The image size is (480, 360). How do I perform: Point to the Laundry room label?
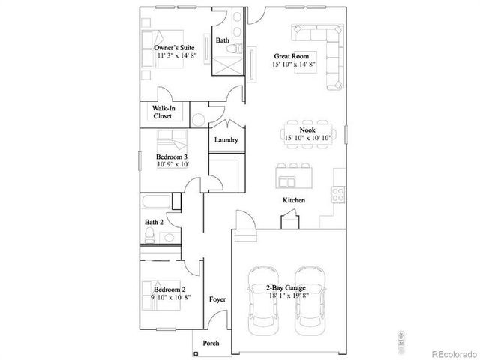[x=226, y=140]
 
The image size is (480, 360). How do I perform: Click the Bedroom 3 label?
[x=172, y=157]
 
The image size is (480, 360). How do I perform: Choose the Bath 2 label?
[x=154, y=222]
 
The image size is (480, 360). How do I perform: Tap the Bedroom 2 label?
[x=169, y=289]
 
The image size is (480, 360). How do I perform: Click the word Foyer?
[x=217, y=299]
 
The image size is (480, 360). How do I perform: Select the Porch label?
[x=211, y=342]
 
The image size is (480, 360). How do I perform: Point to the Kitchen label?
[x=293, y=200]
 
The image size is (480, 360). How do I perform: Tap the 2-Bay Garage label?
[x=288, y=287]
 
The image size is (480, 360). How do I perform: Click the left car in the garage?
[x=264, y=296]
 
